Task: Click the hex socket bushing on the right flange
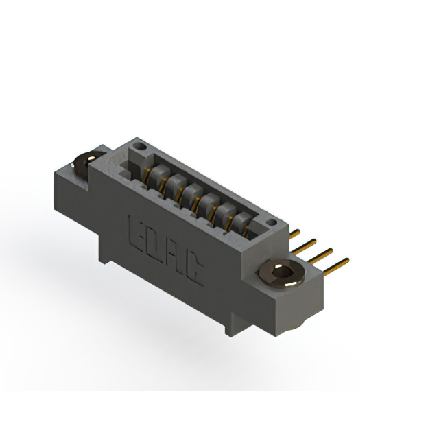pos(282,273)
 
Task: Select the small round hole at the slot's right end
pos(272,222)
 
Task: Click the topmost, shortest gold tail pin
pos(294,234)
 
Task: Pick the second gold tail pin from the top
pos(304,247)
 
